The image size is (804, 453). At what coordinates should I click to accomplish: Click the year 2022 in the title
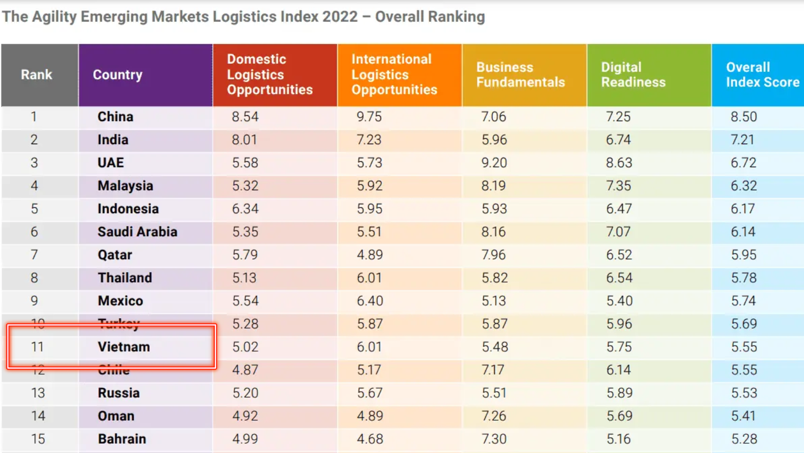pos(340,17)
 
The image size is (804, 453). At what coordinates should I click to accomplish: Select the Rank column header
pos(36,75)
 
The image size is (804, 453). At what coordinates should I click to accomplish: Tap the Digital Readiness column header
pos(633,75)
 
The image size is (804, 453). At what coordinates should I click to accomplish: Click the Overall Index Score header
pos(762,75)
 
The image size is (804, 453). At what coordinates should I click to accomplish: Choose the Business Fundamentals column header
pos(520,75)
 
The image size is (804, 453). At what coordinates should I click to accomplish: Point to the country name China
pos(115,117)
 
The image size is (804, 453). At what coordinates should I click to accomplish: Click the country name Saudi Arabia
pos(137,232)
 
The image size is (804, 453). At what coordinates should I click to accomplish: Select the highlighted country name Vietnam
pos(124,347)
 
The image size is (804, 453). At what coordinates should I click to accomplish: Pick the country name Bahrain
pos(122,439)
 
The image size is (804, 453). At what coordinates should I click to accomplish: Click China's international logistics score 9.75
pos(369,117)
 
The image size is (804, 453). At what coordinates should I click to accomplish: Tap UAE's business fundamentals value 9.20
pos(494,163)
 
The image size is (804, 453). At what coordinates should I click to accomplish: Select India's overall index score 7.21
pos(742,140)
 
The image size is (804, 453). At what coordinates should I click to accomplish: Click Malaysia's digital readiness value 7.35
pos(619,186)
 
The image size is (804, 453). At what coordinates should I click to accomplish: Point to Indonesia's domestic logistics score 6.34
pos(245,209)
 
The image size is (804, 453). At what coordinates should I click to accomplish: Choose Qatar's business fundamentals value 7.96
pos(494,255)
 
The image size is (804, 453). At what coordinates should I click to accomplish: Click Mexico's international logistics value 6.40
pos(370,301)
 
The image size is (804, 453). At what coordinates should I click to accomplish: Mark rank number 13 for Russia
pos(38,393)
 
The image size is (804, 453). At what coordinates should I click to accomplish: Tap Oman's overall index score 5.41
pos(743,416)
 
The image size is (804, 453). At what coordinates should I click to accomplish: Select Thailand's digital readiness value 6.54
pos(619,278)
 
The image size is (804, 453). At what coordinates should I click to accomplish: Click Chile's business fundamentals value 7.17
pos(493,370)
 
